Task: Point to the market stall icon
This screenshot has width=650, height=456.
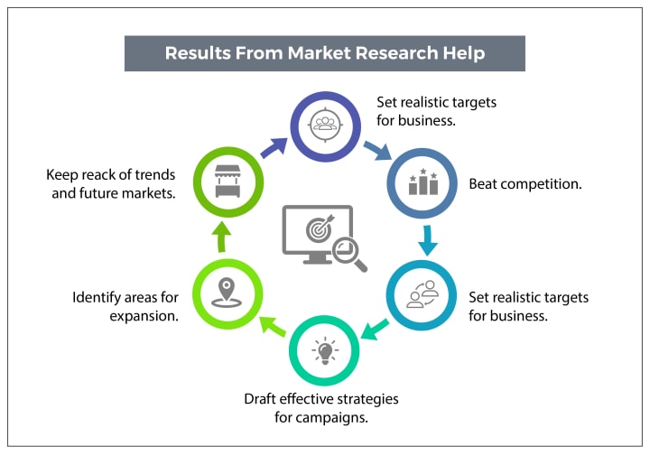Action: (227, 183)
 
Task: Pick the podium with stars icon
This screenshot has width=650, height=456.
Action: (423, 182)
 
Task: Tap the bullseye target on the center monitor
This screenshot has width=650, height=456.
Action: (320, 229)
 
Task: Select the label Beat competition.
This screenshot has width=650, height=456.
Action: (525, 184)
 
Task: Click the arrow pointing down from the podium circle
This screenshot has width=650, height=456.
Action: (428, 240)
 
